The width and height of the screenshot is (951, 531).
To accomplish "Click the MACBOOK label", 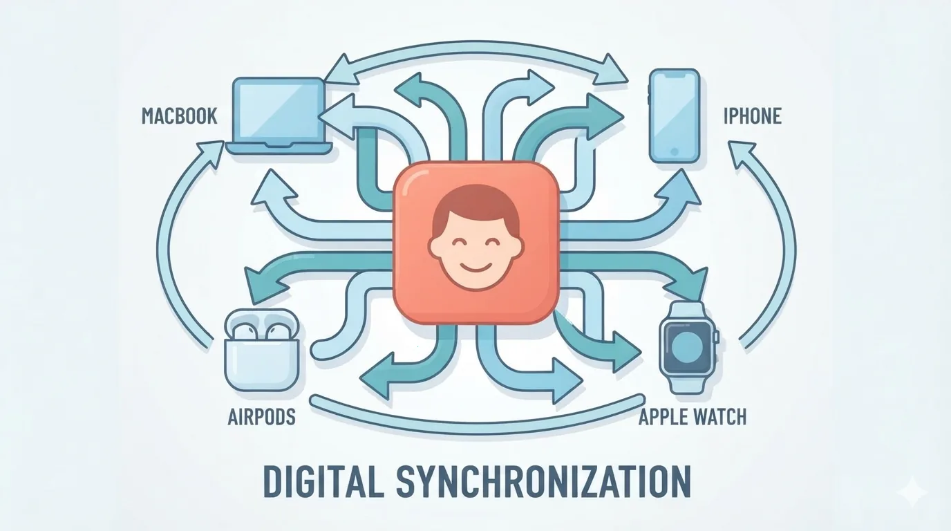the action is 179,116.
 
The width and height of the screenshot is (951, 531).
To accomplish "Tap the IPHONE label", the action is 753,116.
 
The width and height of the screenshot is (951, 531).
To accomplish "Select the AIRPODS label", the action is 261,417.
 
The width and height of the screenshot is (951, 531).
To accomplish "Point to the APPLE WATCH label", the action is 693,417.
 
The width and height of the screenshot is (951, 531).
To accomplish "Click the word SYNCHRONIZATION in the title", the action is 543,482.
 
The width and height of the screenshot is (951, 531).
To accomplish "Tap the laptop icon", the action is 279,116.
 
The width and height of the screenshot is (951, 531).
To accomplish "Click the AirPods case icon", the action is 262,350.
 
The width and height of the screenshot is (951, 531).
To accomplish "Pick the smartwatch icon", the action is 688,348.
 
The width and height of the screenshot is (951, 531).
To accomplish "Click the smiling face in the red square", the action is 475,238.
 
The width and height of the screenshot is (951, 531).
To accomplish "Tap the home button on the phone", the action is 674,151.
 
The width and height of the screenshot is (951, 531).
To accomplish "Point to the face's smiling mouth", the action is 475,267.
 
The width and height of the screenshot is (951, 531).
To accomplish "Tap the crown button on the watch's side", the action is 716,337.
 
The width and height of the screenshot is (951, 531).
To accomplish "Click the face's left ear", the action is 434,245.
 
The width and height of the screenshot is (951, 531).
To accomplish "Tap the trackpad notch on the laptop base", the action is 279,145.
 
